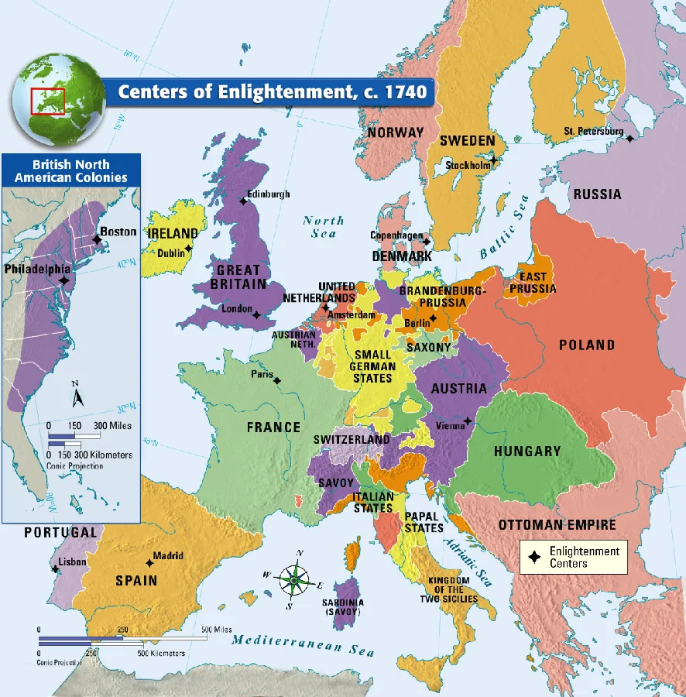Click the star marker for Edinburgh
(x=243, y=201)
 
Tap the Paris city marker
(x=277, y=380)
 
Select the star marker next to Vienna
(x=468, y=422)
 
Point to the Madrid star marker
(x=149, y=563)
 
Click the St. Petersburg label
(x=593, y=131)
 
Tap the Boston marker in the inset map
(x=96, y=239)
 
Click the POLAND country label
(x=588, y=345)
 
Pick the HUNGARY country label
(x=527, y=451)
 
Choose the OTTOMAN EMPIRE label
(x=557, y=524)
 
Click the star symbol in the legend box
(x=533, y=557)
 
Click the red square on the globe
(x=47, y=101)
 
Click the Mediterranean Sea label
(x=304, y=641)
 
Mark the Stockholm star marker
(x=493, y=160)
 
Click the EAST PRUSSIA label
(x=533, y=283)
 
